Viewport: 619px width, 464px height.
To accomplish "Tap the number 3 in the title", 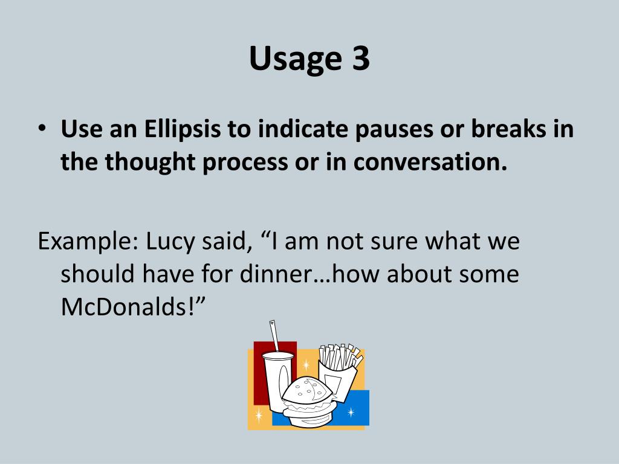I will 358,59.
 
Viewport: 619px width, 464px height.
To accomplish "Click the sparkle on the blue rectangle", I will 351,413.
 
